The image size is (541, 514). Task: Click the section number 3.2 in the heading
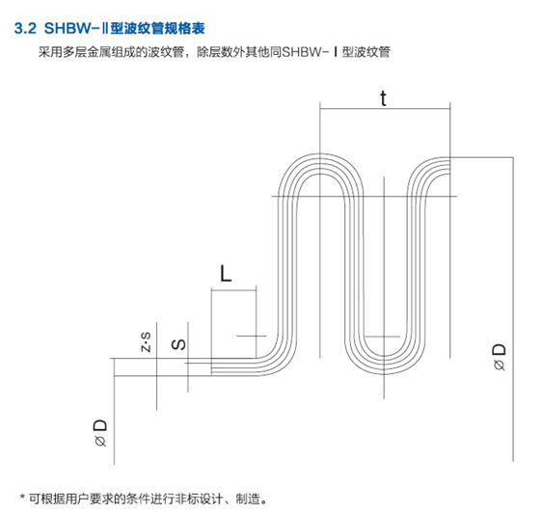point(25,28)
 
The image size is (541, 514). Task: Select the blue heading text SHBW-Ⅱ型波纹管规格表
point(124,28)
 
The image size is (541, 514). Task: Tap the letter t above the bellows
point(383,98)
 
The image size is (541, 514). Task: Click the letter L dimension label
point(226,274)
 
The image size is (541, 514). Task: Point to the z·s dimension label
point(146,341)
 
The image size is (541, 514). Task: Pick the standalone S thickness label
point(178,344)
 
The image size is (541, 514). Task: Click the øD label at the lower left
point(100,433)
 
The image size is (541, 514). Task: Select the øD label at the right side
point(499,357)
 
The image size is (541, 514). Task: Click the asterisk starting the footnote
point(22,498)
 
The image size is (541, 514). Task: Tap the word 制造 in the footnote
point(248,499)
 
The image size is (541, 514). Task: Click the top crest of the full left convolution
point(320,154)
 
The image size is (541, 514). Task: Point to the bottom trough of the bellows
point(384,373)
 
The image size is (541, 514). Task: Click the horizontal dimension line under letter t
point(385,109)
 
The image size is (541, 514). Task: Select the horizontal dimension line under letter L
point(234,289)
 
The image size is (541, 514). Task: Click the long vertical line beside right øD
point(513,310)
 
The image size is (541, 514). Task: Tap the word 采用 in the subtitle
point(50,52)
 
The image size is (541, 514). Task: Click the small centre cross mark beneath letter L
point(256,336)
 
